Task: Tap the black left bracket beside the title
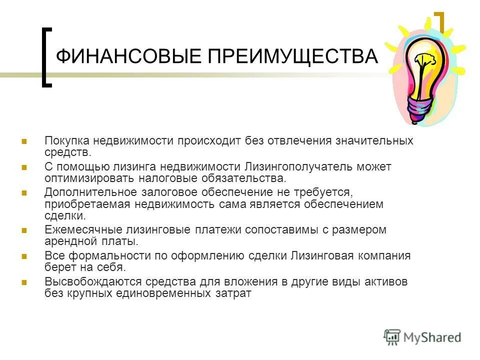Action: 45,57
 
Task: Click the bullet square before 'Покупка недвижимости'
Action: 24,141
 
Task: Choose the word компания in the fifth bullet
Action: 382,256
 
